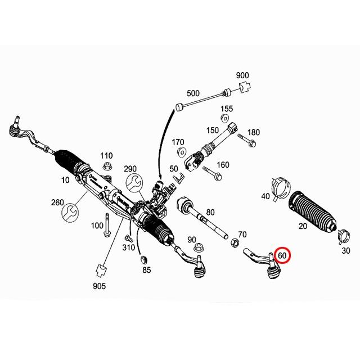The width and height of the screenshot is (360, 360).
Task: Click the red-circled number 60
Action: pos(282,255)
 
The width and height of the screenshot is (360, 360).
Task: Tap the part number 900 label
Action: pos(242,75)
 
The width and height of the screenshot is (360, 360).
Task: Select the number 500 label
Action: pos(193,93)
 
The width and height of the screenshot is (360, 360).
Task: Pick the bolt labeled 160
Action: pos(214,174)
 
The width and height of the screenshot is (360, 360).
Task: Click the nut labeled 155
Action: pos(224,118)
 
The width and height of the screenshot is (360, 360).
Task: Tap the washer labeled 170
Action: pos(182,152)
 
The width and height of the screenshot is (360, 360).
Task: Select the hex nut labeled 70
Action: pos(233,244)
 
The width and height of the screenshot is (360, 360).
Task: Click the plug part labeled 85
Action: pos(143,258)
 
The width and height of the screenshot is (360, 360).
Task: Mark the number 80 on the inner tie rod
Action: pos(210,213)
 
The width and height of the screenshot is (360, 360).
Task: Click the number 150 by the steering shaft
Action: pos(213,130)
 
